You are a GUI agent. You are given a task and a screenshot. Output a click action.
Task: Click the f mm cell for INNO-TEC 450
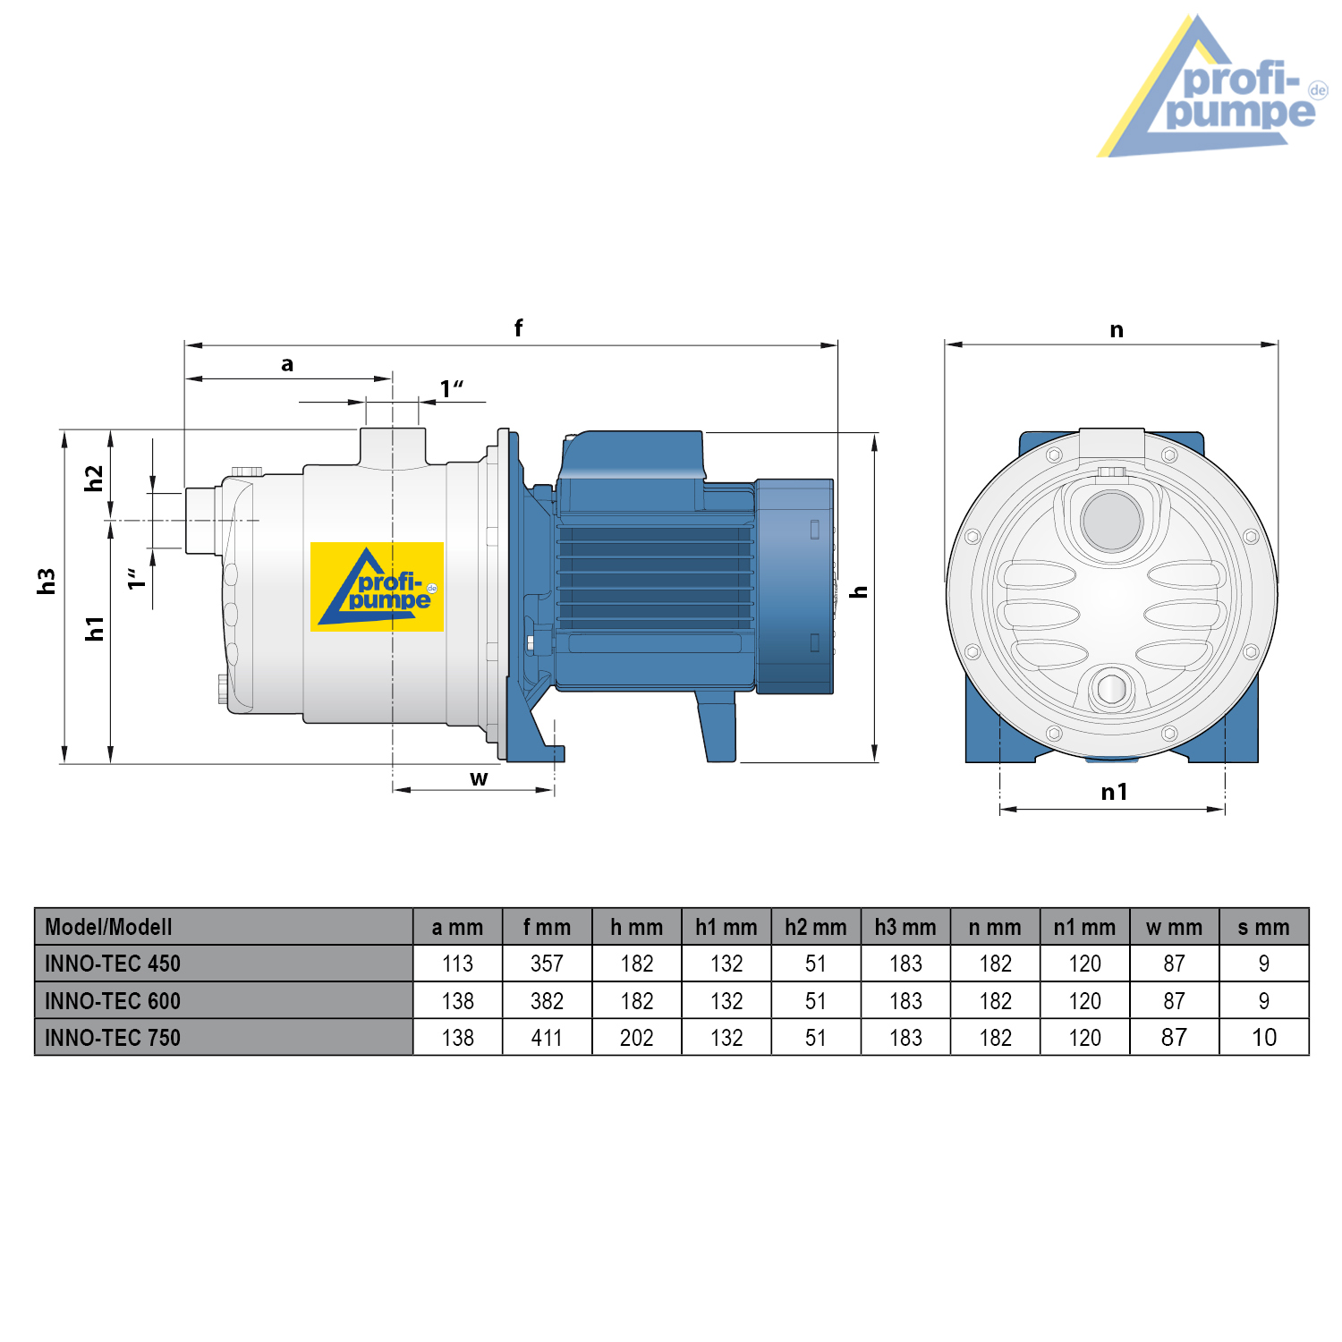547,964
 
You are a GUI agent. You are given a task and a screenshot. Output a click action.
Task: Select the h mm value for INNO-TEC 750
636,1038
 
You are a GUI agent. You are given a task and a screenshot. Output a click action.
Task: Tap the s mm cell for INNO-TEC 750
1263,1038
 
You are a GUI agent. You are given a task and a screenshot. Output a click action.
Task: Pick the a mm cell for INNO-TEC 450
457,964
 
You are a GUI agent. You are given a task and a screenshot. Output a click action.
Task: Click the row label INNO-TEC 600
113,1001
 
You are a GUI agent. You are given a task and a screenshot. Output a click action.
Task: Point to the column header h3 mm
905,927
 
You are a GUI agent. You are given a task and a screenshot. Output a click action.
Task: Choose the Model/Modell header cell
224,927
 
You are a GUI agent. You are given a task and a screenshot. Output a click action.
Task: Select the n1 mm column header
1084,927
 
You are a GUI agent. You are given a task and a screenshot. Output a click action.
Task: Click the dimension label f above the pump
518,327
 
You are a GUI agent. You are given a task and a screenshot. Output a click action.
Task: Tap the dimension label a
287,364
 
